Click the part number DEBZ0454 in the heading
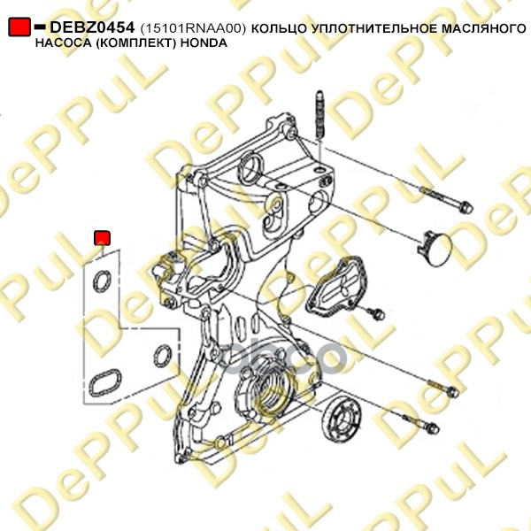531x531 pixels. pyautogui.click(x=92, y=27)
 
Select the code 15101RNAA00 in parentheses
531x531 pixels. pyautogui.click(x=192, y=29)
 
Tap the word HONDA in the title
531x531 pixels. pyautogui.click(x=204, y=43)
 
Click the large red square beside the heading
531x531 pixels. pyautogui.click(x=19, y=27)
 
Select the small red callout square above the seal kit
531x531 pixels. pyautogui.click(x=102, y=238)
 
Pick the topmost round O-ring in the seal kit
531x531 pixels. pyautogui.click(x=102, y=281)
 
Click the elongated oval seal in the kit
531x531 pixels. pyautogui.click(x=104, y=382)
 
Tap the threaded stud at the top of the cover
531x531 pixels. pyautogui.click(x=320, y=115)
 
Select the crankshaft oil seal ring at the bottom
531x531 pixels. pyautogui.click(x=342, y=419)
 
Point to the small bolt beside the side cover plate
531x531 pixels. pyautogui.click(x=376, y=313)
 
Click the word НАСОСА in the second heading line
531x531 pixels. pyautogui.click(x=62, y=43)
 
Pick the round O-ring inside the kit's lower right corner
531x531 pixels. pyautogui.click(x=163, y=356)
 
